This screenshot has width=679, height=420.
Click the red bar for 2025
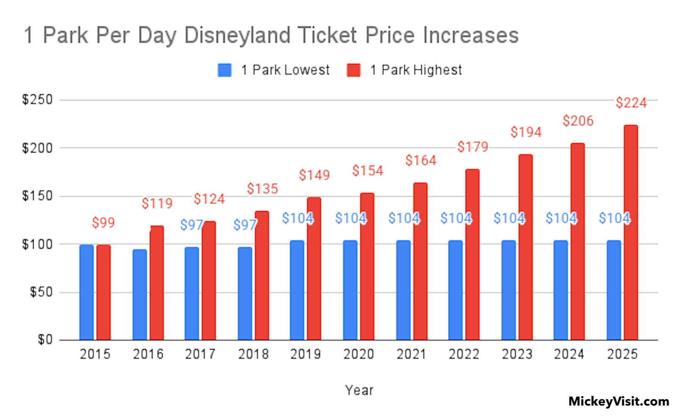631,232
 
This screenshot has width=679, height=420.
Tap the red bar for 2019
314,268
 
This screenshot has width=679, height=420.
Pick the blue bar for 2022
455,290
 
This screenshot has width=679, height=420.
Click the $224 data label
631,103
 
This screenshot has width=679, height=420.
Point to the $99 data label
103,223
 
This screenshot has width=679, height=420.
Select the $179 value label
473,147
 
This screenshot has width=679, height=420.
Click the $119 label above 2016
157,203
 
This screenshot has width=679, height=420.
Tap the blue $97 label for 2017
191,225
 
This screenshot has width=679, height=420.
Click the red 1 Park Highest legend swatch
353,70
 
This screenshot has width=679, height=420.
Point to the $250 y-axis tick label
37,100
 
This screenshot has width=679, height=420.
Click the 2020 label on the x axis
359,354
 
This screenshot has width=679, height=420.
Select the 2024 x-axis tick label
569,354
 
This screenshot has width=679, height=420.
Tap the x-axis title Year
359,390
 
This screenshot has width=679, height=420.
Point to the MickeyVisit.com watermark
619,401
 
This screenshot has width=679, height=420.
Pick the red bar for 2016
157,283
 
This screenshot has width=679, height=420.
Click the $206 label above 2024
578,121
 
